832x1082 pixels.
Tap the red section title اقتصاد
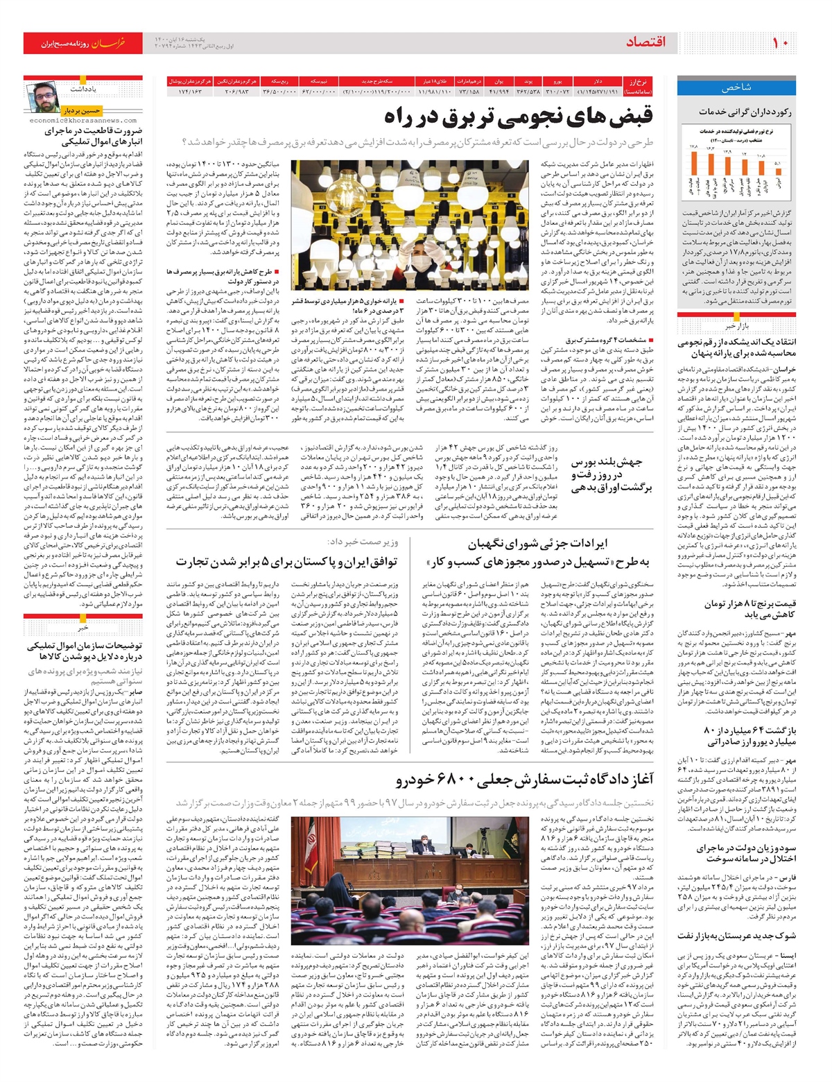pos(645,43)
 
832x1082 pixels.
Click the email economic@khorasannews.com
pos(83,120)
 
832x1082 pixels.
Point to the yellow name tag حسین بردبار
pos(82,110)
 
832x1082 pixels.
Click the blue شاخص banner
pos(736,88)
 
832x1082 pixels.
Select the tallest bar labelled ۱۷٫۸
pos(693,170)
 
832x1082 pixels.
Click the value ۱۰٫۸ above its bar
pos(761,155)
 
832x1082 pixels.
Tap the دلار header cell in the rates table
pos(598,81)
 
